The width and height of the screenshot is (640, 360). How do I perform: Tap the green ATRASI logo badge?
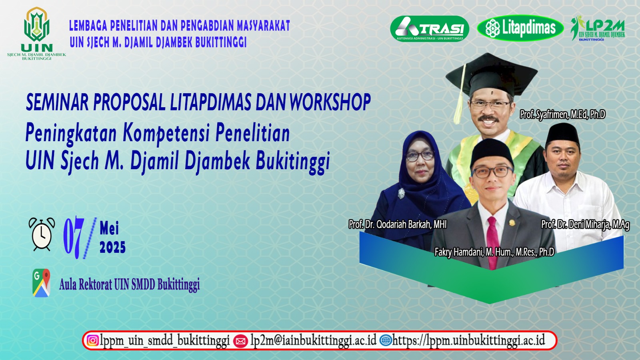click(430, 28)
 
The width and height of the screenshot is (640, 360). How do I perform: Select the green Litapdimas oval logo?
click(520, 28)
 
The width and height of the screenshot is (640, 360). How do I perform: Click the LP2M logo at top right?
click(598, 28)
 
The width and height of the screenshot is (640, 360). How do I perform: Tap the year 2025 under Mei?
click(112, 247)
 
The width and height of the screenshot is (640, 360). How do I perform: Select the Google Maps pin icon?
click(42, 282)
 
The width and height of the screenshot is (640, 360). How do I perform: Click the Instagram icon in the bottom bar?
click(92, 340)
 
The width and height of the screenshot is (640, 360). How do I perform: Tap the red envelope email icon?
click(240, 341)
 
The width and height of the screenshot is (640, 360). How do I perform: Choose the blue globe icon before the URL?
click(386, 340)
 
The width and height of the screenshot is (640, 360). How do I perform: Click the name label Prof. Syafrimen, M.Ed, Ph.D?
click(562, 114)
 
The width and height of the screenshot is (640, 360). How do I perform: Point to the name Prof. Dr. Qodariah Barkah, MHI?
click(398, 224)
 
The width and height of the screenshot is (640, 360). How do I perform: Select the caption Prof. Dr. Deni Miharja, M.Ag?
click(585, 224)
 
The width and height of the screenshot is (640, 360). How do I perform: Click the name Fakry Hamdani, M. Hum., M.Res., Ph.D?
click(494, 252)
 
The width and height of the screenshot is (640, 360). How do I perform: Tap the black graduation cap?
click(492, 74)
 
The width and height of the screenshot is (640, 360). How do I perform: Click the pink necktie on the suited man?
click(492, 243)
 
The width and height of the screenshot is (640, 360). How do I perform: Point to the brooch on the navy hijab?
click(402, 194)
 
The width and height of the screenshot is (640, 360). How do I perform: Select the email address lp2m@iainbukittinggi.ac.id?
click(314, 340)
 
